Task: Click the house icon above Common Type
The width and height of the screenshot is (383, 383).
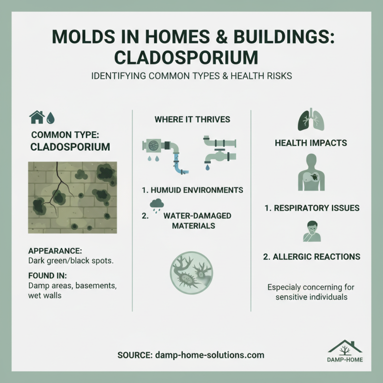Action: (37, 117)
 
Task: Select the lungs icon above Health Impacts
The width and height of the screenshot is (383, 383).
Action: (311, 120)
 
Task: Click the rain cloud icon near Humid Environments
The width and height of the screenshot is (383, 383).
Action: (157, 205)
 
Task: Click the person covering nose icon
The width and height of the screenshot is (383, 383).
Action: (311, 231)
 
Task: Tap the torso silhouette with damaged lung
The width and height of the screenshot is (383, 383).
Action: (311, 172)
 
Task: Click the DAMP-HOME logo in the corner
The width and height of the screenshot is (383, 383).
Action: (345, 352)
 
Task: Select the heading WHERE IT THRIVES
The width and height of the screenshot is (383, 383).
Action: (191, 119)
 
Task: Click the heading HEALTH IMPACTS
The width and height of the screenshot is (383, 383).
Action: (311, 143)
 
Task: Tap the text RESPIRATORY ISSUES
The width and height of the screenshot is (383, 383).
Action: (311, 208)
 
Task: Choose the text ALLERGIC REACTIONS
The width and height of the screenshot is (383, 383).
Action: (311, 257)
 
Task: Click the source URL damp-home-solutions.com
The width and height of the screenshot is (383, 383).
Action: (209, 355)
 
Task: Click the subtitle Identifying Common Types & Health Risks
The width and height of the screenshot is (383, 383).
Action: (191, 77)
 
